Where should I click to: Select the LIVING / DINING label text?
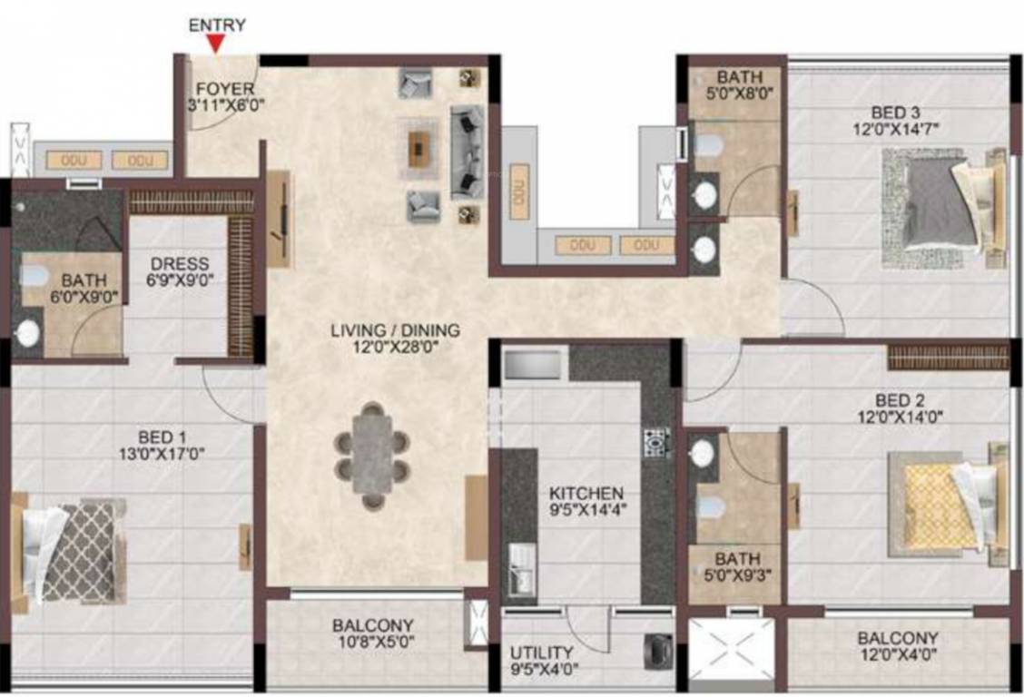[x=394, y=330]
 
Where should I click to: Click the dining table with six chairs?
[x=371, y=455]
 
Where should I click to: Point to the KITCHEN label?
[x=586, y=493]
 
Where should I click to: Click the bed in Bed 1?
[x=73, y=551]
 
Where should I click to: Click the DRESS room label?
[x=180, y=264]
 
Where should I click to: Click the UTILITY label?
[x=541, y=653]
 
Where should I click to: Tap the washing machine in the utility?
[x=657, y=649]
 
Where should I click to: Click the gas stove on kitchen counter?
[x=655, y=442]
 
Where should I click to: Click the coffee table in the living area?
[x=417, y=150]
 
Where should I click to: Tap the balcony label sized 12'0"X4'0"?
[x=897, y=648]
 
